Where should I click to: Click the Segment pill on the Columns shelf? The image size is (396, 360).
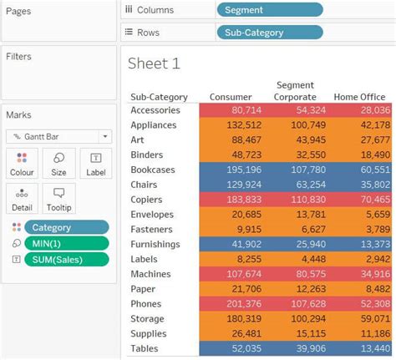pos(269,10)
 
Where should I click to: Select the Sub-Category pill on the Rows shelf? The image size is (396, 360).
pos(269,33)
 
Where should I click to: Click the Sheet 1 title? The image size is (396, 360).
pos(154,63)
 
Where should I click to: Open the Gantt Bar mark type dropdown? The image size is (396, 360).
pos(58,136)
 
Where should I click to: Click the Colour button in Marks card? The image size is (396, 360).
pos(22,164)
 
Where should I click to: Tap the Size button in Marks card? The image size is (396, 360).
pos(58,164)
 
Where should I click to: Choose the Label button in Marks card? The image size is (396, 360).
pos(95,164)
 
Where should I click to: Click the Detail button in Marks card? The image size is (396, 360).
pos(22,199)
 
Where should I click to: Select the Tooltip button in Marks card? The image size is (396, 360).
pos(58,199)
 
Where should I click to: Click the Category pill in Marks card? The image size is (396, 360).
pos(66,226)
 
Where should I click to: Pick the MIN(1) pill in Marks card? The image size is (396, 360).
pos(66,243)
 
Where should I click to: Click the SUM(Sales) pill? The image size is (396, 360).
pos(66,259)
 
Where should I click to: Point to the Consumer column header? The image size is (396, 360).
pos(231,97)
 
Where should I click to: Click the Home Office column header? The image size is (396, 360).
pos(361,97)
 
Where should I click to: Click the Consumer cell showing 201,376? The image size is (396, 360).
pos(231,304)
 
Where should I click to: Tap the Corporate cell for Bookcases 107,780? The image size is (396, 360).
pos(295,170)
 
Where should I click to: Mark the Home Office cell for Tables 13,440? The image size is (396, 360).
pos(361,349)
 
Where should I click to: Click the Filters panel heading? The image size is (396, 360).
pos(18,56)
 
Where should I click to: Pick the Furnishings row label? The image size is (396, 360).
pos(155,245)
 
